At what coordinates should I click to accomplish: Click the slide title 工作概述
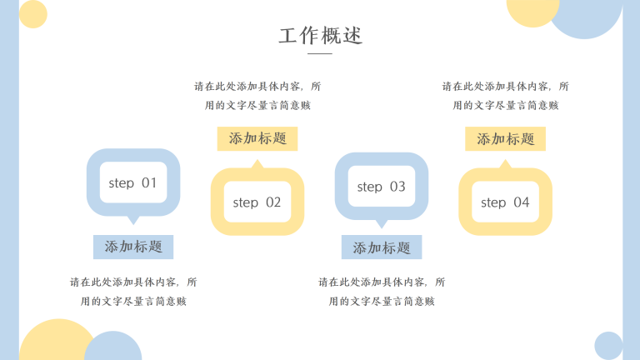pyautogui.click(x=321, y=37)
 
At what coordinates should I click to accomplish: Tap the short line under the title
pyautogui.click(x=320, y=54)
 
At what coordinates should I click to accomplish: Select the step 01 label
pyautogui.click(x=132, y=182)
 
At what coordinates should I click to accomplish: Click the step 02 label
pyautogui.click(x=257, y=202)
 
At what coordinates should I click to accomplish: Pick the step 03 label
pyautogui.click(x=381, y=187)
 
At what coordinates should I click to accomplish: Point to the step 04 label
pyautogui.click(x=505, y=202)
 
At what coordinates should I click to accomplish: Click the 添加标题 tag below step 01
pyautogui.click(x=133, y=247)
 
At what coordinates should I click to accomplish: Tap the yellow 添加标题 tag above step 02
pyautogui.click(x=257, y=139)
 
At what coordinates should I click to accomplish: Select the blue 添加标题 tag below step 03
pyautogui.click(x=382, y=247)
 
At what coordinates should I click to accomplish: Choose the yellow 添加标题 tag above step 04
pyautogui.click(x=505, y=139)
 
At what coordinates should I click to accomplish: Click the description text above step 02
pyautogui.click(x=257, y=95)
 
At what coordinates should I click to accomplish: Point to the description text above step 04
pyautogui.click(x=505, y=95)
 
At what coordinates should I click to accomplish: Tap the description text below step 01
pyautogui.click(x=133, y=292)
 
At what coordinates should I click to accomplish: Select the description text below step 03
pyautogui.click(x=382, y=292)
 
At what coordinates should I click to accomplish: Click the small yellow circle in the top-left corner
pyautogui.click(x=33, y=14)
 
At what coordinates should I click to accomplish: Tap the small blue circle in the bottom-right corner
pyautogui.click(x=608, y=346)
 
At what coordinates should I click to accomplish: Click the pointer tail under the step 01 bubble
pyautogui.click(x=132, y=220)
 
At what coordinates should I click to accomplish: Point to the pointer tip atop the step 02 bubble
pyautogui.click(x=257, y=165)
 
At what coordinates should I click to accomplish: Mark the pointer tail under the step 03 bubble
pyautogui.click(x=382, y=223)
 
